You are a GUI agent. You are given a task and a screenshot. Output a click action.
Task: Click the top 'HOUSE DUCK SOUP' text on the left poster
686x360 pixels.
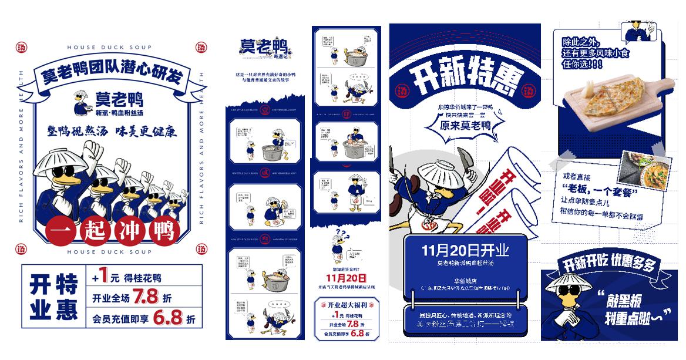[110, 47]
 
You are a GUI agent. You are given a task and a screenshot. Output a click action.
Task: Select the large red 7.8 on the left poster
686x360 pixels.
[145, 297]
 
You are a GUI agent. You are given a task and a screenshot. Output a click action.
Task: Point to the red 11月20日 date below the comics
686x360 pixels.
[346, 278]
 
